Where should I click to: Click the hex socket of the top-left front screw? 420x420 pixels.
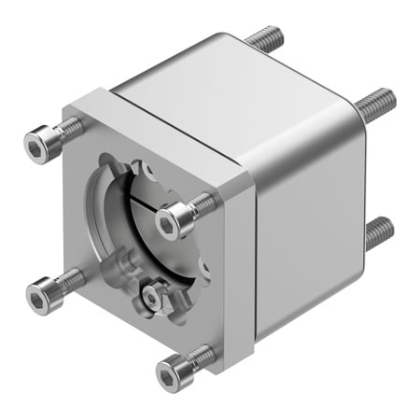(36, 145)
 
